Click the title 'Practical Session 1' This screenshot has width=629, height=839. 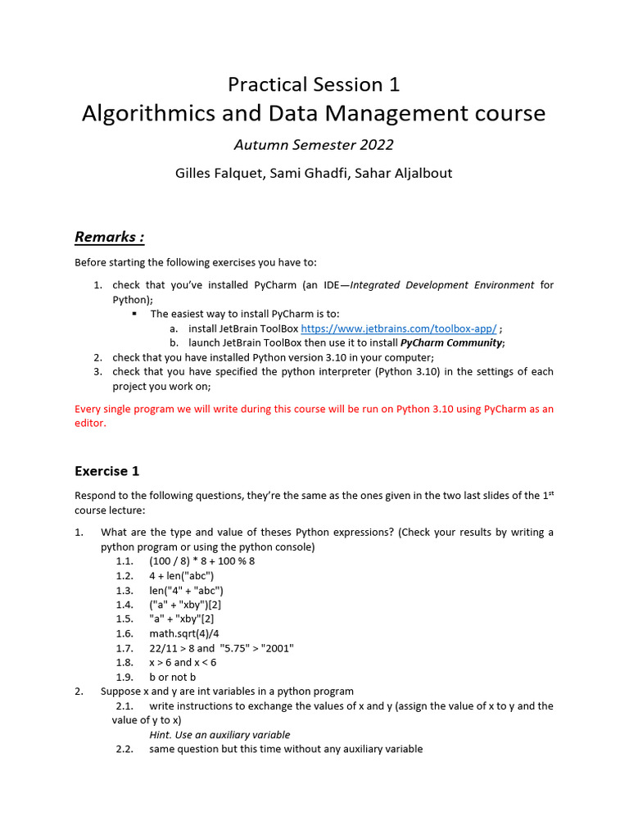(314, 84)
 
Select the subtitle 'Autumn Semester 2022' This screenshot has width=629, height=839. (314, 145)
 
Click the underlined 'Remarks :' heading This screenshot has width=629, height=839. (109, 237)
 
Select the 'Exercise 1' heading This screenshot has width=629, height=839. (106, 470)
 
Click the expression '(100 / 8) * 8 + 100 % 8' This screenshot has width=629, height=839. (202, 560)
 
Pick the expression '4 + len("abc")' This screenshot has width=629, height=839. (182, 575)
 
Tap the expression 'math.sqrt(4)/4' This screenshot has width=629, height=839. (184, 633)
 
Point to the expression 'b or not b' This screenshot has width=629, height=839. (172, 677)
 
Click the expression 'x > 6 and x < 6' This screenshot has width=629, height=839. (183, 662)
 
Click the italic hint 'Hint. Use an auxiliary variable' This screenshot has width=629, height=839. (219, 735)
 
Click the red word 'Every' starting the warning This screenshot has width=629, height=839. (88, 409)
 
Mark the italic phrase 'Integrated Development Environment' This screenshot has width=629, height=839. (442, 285)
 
